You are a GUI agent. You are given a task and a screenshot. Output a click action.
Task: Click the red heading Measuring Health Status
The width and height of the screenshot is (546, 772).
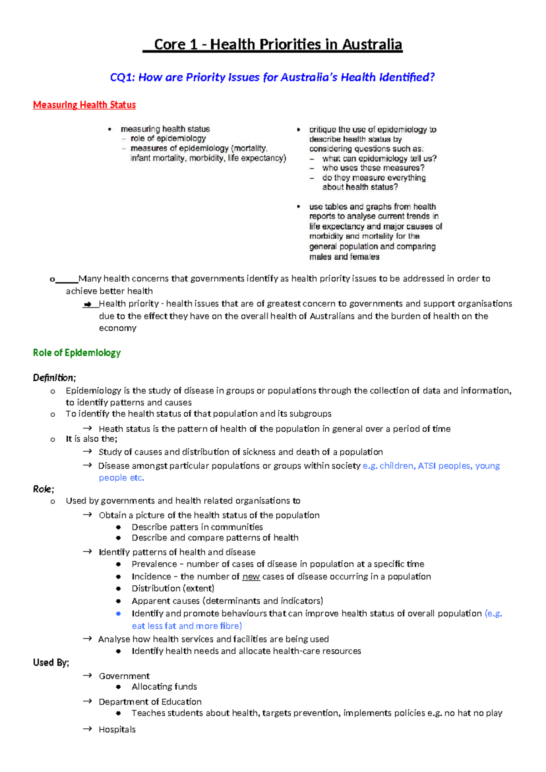(x=84, y=105)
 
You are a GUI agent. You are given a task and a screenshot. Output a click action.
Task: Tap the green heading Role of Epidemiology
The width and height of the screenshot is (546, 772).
(x=76, y=353)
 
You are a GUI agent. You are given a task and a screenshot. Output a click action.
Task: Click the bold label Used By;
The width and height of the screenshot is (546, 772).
(x=51, y=662)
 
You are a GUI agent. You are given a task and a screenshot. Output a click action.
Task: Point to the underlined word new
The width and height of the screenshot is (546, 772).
(x=251, y=576)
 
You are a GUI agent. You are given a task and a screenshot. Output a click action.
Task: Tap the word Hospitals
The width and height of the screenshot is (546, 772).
(x=117, y=729)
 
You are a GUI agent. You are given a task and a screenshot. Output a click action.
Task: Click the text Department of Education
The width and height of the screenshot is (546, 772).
(x=150, y=701)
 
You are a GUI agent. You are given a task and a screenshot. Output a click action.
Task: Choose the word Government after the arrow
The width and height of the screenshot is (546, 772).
(x=124, y=676)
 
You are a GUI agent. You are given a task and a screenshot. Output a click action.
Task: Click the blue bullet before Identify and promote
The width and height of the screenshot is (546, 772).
(x=118, y=614)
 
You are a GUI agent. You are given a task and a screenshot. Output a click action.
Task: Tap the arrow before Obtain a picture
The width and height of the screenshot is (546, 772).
(x=87, y=515)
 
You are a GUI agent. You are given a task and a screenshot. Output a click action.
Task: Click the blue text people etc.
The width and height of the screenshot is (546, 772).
(x=121, y=478)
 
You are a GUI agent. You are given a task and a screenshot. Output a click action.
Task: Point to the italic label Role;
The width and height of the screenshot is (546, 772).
(x=43, y=489)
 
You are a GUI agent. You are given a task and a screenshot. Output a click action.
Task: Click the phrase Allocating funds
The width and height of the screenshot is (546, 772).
(x=164, y=686)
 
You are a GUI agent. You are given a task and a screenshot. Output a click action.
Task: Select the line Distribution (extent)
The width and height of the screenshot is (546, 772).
(x=173, y=589)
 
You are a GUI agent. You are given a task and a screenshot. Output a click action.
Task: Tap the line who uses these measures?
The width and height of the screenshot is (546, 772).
(x=373, y=168)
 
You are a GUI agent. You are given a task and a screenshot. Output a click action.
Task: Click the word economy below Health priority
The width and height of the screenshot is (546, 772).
(x=117, y=328)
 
